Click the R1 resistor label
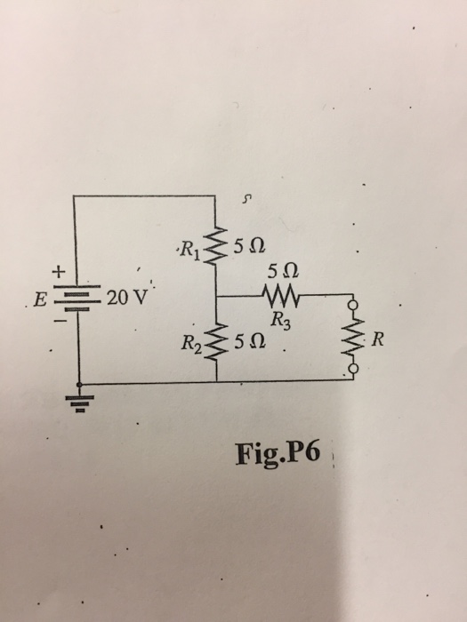click(x=189, y=248)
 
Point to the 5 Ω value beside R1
click(x=250, y=246)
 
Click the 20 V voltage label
click(x=123, y=297)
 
